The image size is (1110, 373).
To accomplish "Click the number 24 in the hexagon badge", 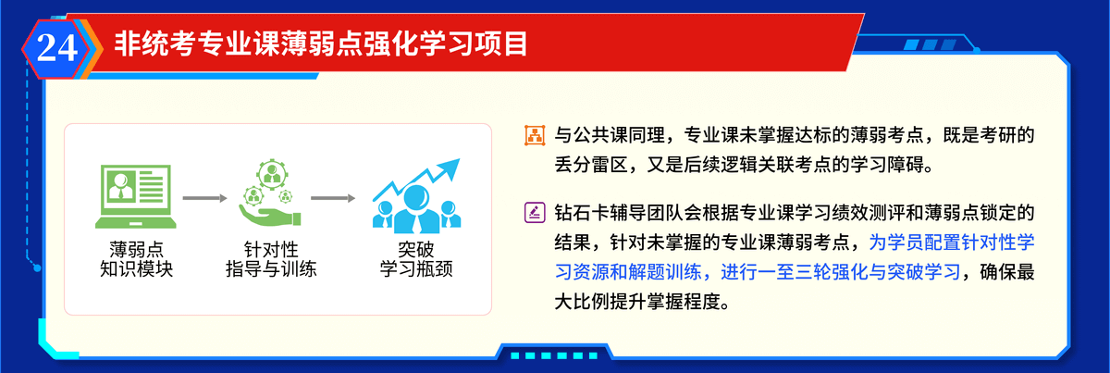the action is tap(57, 48).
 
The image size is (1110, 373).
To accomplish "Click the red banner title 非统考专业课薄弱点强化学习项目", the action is tap(321, 44).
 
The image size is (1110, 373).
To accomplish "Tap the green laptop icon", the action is tap(136, 196).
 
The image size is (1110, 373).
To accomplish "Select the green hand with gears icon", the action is tap(270, 193).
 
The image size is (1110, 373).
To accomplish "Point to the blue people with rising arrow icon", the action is tap(417, 196).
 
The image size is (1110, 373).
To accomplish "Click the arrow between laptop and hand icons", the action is tap(204, 198).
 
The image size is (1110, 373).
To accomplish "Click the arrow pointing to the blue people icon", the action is tap(333, 198).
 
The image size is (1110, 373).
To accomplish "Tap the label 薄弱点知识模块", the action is tap(136, 259).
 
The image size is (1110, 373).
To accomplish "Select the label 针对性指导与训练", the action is tap(271, 259).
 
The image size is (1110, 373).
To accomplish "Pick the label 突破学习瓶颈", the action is tap(416, 259).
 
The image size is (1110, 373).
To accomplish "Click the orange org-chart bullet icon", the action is tap(535, 135).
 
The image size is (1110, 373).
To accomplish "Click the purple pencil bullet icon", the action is tap(535, 213).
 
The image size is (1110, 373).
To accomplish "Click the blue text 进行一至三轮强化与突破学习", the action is tap(841, 272).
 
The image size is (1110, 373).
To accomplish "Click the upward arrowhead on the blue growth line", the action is tap(450, 168).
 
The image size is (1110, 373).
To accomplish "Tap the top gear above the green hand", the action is tap(272, 174).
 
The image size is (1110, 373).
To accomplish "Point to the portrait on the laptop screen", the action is tap(120, 185).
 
